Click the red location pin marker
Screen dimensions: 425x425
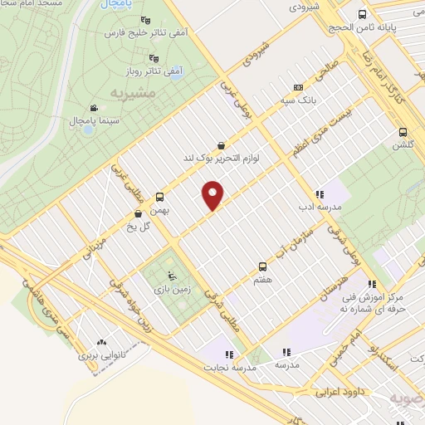213,194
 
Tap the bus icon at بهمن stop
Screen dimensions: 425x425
159,198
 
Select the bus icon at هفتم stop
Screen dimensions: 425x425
262,266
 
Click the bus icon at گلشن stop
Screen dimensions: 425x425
403,132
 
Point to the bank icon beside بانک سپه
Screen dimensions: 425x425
298,87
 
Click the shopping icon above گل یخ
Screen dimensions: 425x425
137,212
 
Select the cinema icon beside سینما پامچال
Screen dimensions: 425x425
93,109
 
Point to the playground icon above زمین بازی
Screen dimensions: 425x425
171,277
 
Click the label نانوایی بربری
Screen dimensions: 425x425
100,355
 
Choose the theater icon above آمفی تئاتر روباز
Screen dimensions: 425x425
153,58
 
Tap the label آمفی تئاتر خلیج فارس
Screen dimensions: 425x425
138,34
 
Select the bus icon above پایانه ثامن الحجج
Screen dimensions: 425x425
361,14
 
